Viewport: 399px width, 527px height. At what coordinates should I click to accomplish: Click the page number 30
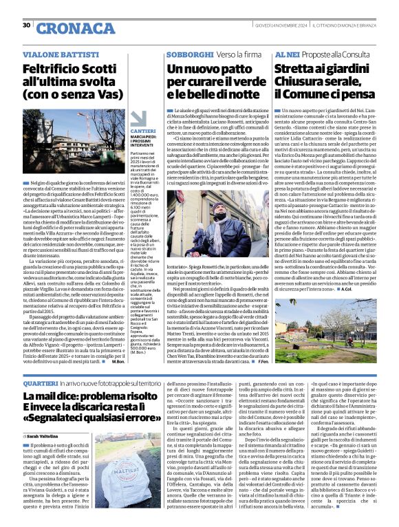click(26, 25)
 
